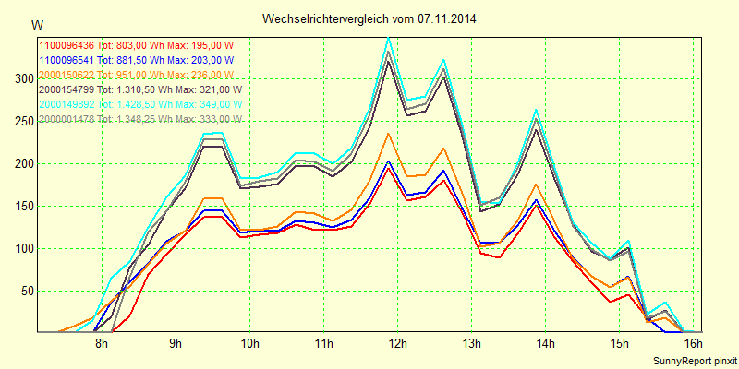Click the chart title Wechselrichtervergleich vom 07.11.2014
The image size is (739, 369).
pyautogui.click(x=369, y=18)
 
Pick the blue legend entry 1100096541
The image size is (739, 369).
pyautogui.click(x=136, y=60)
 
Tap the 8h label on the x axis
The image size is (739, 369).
pyautogui.click(x=102, y=344)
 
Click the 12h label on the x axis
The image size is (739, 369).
pyautogui.click(x=397, y=344)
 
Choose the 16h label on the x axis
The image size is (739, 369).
pyautogui.click(x=693, y=344)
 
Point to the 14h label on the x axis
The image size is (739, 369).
pyautogui.click(x=545, y=344)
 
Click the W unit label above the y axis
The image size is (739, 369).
pyautogui.click(x=36, y=23)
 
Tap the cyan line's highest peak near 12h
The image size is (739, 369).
pyautogui.click(x=389, y=38)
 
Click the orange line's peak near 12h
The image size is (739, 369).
pyautogui.click(x=389, y=134)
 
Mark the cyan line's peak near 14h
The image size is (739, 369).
pyautogui.click(x=536, y=110)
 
